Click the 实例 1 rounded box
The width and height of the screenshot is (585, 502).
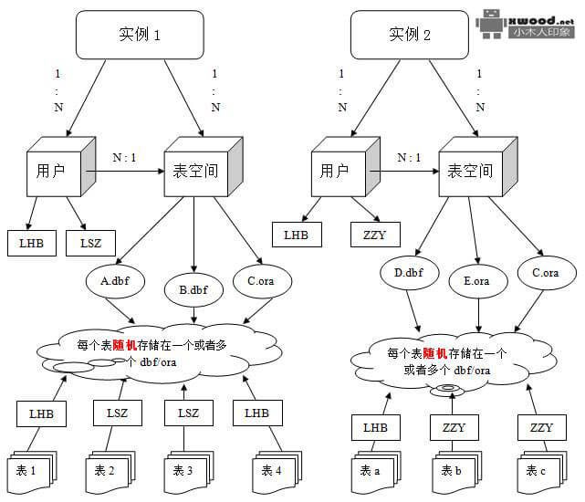pyautogui.click(x=140, y=36)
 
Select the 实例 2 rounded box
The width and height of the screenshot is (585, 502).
pyautogui.click(x=410, y=36)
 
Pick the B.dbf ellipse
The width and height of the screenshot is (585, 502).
pyautogui.click(x=193, y=291)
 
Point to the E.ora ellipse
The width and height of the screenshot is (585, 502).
pyautogui.click(x=476, y=281)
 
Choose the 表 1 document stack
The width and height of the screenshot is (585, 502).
pyautogui.click(x=30, y=471)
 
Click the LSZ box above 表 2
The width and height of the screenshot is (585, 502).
pyautogui.click(x=117, y=413)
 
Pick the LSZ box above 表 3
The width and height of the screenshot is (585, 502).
pyautogui.click(x=187, y=413)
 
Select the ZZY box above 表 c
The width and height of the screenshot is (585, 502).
pyautogui.click(x=540, y=426)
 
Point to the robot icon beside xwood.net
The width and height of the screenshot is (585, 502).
pyautogui.click(x=493, y=25)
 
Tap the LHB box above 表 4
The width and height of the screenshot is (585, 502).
pyautogui.click(x=256, y=413)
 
